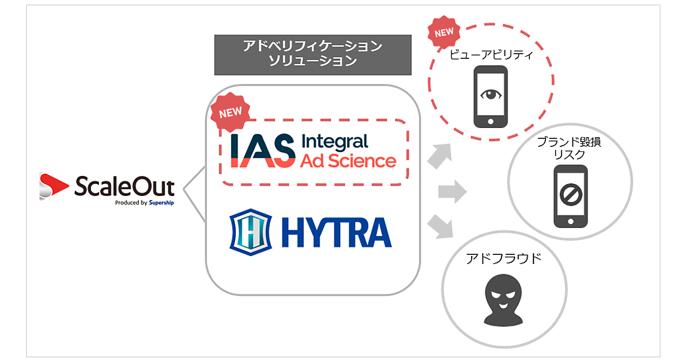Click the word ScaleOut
coord(124,185)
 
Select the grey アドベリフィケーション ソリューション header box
coord(313,55)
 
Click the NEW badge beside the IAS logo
coord(230,113)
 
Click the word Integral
coord(334,141)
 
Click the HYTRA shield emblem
coord(249,232)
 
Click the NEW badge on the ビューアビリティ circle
coord(444,33)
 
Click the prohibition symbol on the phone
coord(569,196)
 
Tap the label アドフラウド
coord(503,259)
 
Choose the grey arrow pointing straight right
coord(452,191)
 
